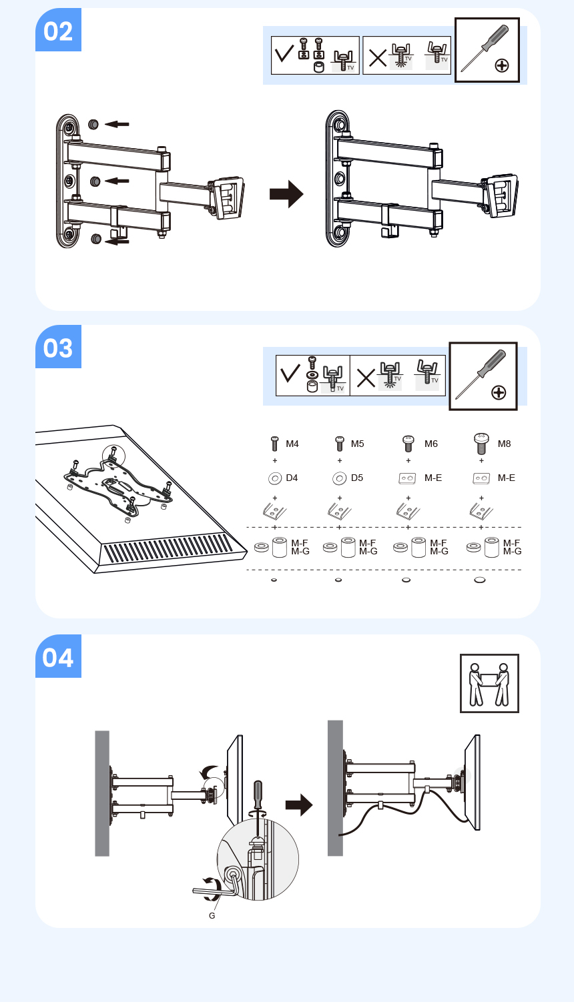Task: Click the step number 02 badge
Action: point(59,29)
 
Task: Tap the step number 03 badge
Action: point(59,346)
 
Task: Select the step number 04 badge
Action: point(59,656)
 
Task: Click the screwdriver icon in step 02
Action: point(487,50)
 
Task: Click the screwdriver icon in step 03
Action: point(483,376)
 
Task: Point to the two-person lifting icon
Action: point(489,683)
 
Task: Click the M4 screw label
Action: point(292,444)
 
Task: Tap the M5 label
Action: point(357,444)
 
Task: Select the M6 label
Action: point(431,444)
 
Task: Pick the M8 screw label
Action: point(505,444)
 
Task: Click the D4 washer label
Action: point(292,478)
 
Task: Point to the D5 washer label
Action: point(357,478)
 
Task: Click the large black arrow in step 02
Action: point(286,194)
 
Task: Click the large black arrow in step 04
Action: point(299,805)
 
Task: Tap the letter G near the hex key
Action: point(212,916)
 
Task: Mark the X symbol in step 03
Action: point(366,378)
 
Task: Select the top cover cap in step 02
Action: point(93,124)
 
